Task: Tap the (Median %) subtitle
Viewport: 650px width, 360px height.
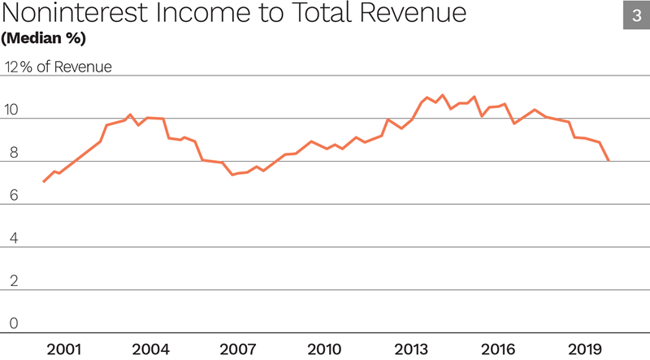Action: (45, 38)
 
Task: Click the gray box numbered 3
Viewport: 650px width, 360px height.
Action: (635, 15)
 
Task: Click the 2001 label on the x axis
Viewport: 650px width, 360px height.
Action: (64, 349)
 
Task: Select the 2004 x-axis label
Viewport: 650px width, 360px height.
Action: (150, 349)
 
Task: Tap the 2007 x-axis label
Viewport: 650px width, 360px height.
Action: (237, 349)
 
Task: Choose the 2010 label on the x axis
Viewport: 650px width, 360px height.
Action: (324, 349)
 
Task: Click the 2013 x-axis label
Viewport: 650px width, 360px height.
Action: (411, 349)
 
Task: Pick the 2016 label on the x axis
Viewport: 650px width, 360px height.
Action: (497, 349)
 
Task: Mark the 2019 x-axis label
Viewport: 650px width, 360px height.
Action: (584, 349)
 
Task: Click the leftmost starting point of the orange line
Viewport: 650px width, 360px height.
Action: (43, 182)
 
